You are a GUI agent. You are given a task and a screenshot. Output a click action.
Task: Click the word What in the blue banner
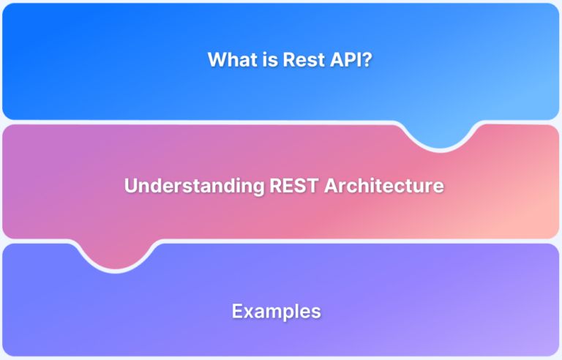[x=230, y=60]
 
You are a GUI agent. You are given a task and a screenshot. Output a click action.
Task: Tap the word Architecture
[x=383, y=185]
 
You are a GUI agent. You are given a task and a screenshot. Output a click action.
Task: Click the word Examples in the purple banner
[x=277, y=311]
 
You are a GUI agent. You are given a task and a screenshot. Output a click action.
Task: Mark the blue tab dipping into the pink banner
[x=441, y=135]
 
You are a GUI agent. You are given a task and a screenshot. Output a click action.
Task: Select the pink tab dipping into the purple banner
[x=118, y=255]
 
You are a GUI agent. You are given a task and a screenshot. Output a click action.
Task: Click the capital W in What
[x=217, y=60]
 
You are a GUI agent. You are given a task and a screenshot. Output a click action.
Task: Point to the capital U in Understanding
[x=131, y=185]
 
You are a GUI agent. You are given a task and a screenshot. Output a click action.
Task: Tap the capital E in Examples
[x=237, y=311]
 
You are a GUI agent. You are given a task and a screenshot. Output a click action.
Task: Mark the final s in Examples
[x=316, y=312]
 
